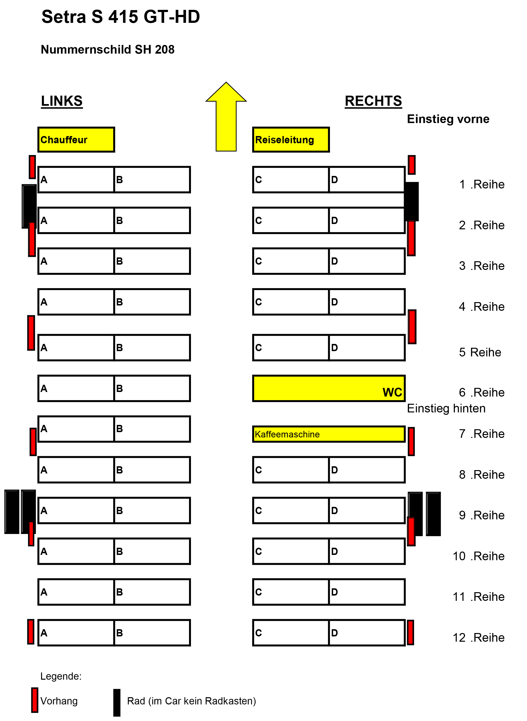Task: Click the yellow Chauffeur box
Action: [x=76, y=139]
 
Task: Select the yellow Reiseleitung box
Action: [x=291, y=139]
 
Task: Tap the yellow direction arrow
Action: [x=226, y=117]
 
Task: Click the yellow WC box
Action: [x=329, y=388]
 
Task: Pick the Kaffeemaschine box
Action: [x=329, y=434]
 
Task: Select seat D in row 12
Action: [x=367, y=633]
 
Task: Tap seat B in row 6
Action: [x=152, y=388]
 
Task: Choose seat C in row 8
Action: [x=291, y=470]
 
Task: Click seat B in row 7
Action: [x=152, y=429]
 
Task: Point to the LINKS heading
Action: [x=62, y=101]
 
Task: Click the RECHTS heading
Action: [x=373, y=101]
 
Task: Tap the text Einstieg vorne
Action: [x=448, y=119]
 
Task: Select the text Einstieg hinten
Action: [x=446, y=409]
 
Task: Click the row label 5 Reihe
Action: [x=480, y=352]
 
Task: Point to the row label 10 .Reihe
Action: [x=478, y=556]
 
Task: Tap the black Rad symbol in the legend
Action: [x=117, y=702]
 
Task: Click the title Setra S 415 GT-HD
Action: [x=121, y=17]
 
